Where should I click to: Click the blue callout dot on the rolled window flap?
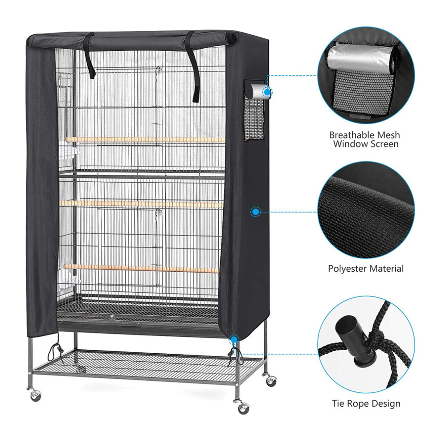pos(267,92)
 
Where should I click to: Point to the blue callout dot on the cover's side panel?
pos(255,212)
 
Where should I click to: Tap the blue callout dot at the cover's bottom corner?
pos(233,340)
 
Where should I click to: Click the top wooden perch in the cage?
pos(145,140)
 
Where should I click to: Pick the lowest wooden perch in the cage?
pos(142,268)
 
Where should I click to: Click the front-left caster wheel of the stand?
pos(36,396)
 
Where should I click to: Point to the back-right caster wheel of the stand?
pos(271,380)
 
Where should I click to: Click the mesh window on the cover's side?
pos(254,118)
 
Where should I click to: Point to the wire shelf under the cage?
pos(147,364)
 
